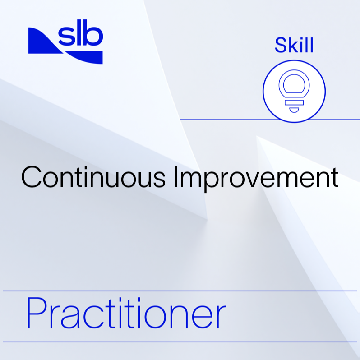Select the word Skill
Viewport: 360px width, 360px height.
tap(294, 46)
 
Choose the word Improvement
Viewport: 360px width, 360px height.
tap(256, 177)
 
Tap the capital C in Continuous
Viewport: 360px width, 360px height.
tap(31, 177)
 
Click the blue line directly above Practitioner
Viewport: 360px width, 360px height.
tap(180, 291)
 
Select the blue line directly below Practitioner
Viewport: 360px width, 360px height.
tap(180, 342)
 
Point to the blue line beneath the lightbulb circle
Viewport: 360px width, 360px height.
tap(226, 120)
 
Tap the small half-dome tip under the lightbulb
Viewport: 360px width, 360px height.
tap(294, 110)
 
